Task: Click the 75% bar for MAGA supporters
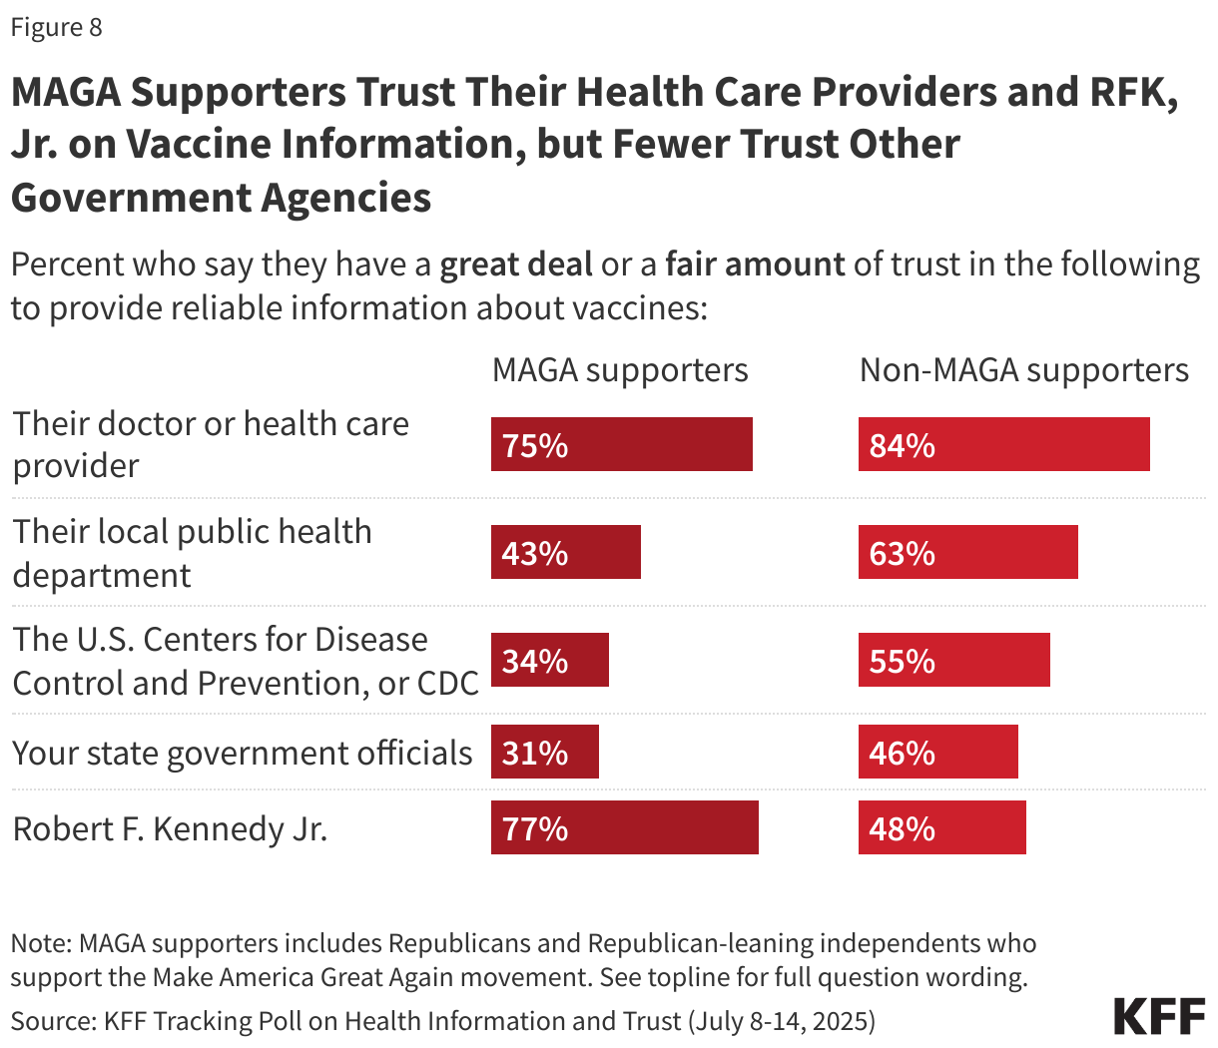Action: point(621,444)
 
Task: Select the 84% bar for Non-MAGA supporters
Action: point(1003,444)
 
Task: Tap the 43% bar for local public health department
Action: point(565,552)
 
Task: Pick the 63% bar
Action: point(967,552)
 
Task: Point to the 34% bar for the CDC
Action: point(549,660)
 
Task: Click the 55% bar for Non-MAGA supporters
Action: point(953,660)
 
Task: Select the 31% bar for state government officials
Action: point(544,752)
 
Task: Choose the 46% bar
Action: point(937,752)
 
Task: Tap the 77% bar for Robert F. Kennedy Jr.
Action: point(624,827)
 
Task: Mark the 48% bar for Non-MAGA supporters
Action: point(941,827)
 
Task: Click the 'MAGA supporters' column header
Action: point(620,370)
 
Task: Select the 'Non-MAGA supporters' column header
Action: point(1024,370)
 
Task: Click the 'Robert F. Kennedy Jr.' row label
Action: point(170,828)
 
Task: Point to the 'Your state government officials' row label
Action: point(242,753)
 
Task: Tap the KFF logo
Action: point(1159,1016)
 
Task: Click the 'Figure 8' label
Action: point(56,27)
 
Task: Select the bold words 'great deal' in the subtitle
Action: point(515,264)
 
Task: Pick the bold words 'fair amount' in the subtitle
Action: point(755,264)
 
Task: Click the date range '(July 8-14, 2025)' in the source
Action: point(782,1021)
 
